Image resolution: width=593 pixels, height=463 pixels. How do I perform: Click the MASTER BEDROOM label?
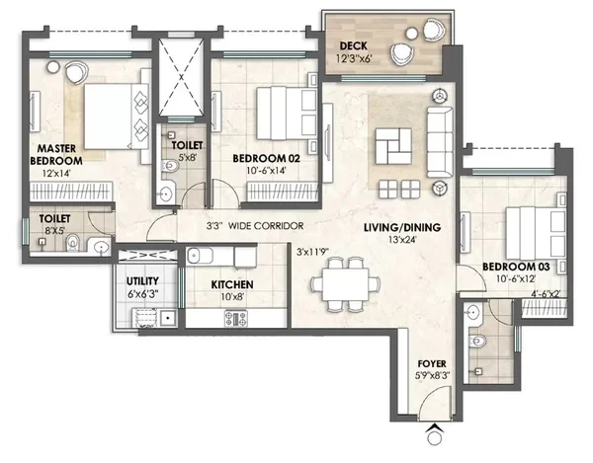click(x=56, y=154)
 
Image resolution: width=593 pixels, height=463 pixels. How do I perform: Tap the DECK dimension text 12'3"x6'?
click(x=353, y=59)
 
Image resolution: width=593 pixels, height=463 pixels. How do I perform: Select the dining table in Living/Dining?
click(x=346, y=284)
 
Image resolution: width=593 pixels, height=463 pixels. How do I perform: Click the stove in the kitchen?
click(x=236, y=318)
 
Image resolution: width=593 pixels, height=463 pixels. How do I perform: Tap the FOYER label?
click(x=432, y=363)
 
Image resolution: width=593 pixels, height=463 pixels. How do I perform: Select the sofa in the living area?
click(x=440, y=142)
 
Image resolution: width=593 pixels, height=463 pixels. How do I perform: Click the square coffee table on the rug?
click(x=393, y=146)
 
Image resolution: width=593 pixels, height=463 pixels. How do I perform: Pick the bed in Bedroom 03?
click(x=537, y=232)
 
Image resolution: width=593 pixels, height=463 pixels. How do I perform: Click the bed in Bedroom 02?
click(x=287, y=114)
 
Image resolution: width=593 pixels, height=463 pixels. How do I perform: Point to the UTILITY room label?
click(x=142, y=281)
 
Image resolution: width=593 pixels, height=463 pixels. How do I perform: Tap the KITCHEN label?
click(x=232, y=284)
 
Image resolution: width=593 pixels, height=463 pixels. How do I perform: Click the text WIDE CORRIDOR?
click(x=266, y=226)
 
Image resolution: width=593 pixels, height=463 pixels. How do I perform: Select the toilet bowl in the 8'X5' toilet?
click(x=72, y=243)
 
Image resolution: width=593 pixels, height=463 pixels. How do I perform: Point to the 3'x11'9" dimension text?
click(x=312, y=252)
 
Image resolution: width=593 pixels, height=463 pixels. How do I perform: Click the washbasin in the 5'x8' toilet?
click(x=166, y=194)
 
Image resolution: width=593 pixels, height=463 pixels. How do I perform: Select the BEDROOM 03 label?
click(x=516, y=267)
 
